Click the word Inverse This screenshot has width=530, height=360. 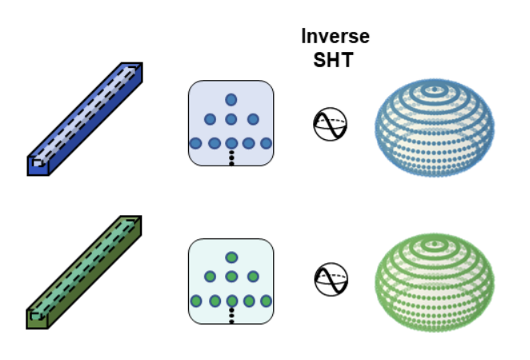coord(335,36)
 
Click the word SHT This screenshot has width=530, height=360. coord(333,60)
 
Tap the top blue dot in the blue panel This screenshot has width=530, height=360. coord(231,100)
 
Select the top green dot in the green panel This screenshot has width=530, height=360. coord(231,258)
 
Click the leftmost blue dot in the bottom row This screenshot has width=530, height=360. coord(195,143)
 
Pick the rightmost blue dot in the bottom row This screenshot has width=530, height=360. coord(267,143)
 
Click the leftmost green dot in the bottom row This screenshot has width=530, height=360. coord(196,301)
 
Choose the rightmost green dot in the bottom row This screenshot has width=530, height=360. coord(267,301)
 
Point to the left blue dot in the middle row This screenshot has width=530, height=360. coord(210,119)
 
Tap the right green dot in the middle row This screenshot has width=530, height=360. coord(253,277)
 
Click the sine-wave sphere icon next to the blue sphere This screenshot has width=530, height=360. coord(330,124)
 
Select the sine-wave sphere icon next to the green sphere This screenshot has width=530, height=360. coord(331,280)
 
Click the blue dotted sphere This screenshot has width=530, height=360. coord(435,128)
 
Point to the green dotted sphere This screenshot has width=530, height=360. coord(435,282)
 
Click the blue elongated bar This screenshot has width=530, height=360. coord(85,119)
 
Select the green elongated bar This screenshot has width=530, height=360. coord(84,272)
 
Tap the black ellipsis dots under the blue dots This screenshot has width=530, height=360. coord(231,158)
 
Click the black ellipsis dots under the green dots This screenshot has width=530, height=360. coord(231,315)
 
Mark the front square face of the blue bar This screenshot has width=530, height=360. coord(38,166)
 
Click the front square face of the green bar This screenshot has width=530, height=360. coord(37,319)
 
